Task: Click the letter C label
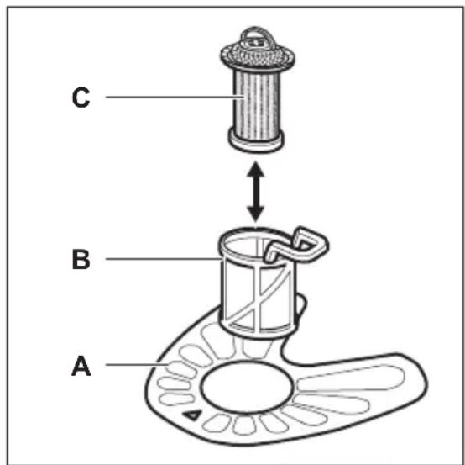[x=81, y=98]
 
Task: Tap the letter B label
[x=81, y=259]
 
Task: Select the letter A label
[x=81, y=366]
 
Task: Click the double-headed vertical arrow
[x=256, y=192]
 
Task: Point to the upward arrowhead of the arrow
[x=256, y=169]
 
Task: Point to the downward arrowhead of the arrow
[x=256, y=214]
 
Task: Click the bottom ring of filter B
[x=257, y=330]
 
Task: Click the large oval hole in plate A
[x=247, y=386]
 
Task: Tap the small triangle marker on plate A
[x=192, y=415]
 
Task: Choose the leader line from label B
[x=164, y=259]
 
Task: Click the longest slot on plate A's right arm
[x=350, y=378]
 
